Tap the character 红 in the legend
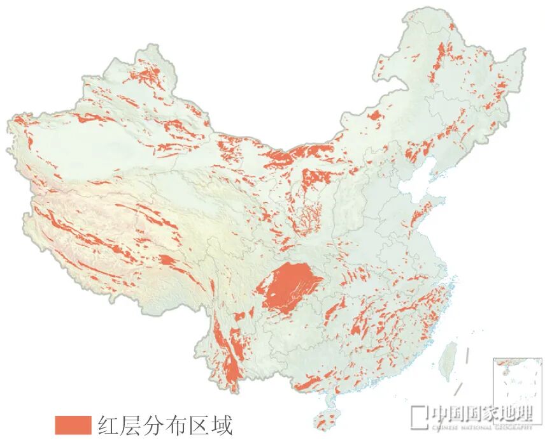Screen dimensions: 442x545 click(x=110, y=425)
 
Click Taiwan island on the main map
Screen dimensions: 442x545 click(x=450, y=355)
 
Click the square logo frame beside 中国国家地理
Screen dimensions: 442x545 click(x=418, y=416)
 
